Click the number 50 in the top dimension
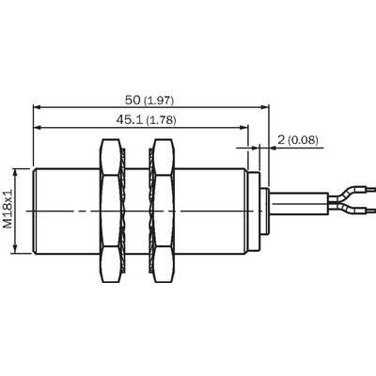click(x=133, y=101)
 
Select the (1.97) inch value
click(x=159, y=101)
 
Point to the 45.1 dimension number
click(x=130, y=119)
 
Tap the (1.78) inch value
click(x=161, y=120)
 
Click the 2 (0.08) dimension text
click(x=298, y=140)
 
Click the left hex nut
click(x=110, y=211)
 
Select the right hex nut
click(x=164, y=211)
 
